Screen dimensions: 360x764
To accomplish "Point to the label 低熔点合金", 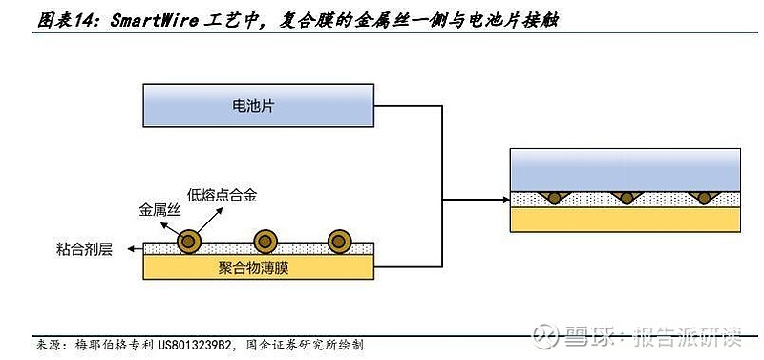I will click(222, 195).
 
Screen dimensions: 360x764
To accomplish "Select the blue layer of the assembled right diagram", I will click(626, 170).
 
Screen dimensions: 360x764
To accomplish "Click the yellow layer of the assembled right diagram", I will click(626, 220).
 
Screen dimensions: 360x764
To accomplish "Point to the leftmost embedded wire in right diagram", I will click(552, 198).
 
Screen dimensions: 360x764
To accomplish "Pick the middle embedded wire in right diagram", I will click(626, 198).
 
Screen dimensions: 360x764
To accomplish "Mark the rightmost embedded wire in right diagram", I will click(704, 198).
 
